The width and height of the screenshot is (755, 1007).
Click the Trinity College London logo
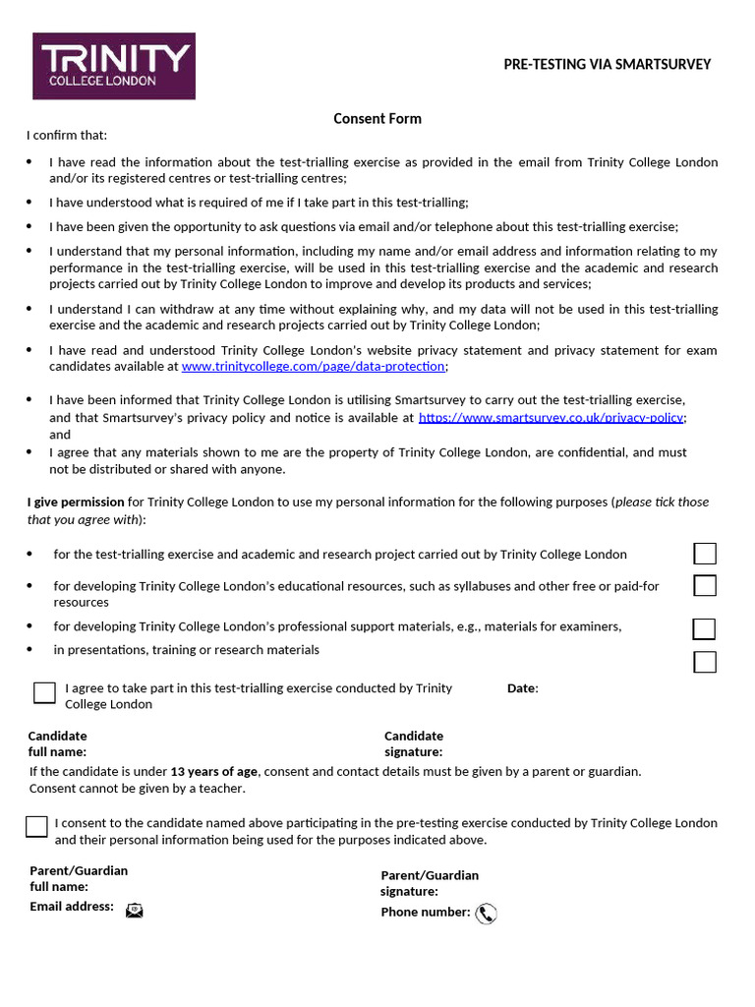tap(114, 66)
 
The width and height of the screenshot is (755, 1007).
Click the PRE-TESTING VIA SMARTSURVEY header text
tap(607, 65)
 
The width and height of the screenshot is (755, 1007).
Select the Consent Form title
tap(377, 119)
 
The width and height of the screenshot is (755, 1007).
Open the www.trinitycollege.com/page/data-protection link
tap(314, 367)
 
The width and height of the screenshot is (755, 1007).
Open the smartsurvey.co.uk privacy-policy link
tap(552, 418)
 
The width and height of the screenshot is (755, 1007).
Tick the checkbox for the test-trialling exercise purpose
tap(705, 554)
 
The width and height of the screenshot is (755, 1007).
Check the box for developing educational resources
tap(705, 586)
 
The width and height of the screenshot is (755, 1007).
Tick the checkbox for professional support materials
tap(704, 629)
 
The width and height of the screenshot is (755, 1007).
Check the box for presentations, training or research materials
tap(705, 662)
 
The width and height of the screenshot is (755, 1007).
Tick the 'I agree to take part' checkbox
tap(44, 692)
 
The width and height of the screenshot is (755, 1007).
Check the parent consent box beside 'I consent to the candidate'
tap(36, 826)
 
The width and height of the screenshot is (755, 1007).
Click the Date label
tap(522, 688)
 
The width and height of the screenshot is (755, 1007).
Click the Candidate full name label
tap(58, 744)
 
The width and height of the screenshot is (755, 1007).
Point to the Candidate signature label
tap(414, 744)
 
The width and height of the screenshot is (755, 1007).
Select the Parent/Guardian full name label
tap(79, 878)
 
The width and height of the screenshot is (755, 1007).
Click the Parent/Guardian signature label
tap(430, 883)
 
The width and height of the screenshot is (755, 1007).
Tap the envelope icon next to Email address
tap(134, 911)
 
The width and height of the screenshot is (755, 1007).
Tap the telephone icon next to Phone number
tap(486, 915)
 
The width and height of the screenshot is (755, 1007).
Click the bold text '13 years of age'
tap(213, 771)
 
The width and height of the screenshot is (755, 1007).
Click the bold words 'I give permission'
tap(76, 502)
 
